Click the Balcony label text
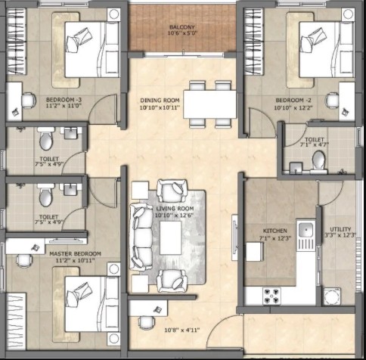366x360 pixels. point(182,27)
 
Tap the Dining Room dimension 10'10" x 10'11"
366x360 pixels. point(160,108)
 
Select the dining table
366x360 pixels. point(209,104)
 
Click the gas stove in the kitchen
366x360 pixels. point(271,296)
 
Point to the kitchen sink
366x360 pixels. point(306,229)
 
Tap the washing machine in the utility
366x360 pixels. point(332,296)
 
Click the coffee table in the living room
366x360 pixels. point(171,237)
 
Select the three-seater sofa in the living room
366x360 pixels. point(141,237)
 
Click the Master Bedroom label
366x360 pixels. point(75,253)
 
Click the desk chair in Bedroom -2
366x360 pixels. point(332,101)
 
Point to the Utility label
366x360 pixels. point(340,229)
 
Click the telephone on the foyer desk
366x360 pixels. point(158,309)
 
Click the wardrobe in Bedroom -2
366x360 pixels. point(254,42)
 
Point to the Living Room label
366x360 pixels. point(175,209)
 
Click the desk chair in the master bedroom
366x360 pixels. point(23,260)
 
